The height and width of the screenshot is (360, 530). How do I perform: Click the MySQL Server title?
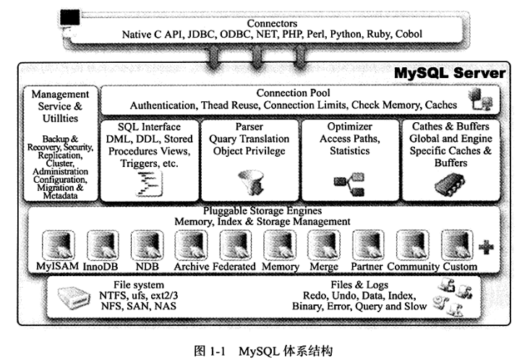point(450,73)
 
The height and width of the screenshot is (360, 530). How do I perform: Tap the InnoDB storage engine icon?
point(103,245)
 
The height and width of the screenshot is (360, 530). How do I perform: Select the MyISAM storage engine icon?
point(58,245)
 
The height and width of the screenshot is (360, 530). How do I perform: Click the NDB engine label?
point(147,266)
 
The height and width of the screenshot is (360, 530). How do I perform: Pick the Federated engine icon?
point(236,245)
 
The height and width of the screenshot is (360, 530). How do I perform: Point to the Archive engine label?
point(192,266)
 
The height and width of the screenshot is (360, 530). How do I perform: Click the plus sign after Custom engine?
point(486,247)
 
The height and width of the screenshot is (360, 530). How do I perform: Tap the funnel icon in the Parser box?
point(250,183)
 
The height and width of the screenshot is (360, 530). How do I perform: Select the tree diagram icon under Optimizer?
point(349,184)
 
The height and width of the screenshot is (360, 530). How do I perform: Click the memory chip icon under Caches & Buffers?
point(450,184)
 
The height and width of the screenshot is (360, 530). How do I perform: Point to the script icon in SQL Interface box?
point(149,184)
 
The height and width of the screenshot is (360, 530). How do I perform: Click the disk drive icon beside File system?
point(74,297)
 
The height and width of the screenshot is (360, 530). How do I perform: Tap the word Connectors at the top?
point(272,23)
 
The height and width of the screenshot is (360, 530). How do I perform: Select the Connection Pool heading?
point(293,93)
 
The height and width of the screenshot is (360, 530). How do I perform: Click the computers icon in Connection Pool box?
point(480,99)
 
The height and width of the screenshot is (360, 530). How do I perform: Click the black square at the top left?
point(70,17)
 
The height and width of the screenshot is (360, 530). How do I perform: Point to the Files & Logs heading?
point(359,285)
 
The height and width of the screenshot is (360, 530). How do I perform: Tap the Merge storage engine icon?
point(324,245)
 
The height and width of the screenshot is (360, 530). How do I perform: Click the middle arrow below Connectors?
point(257,57)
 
